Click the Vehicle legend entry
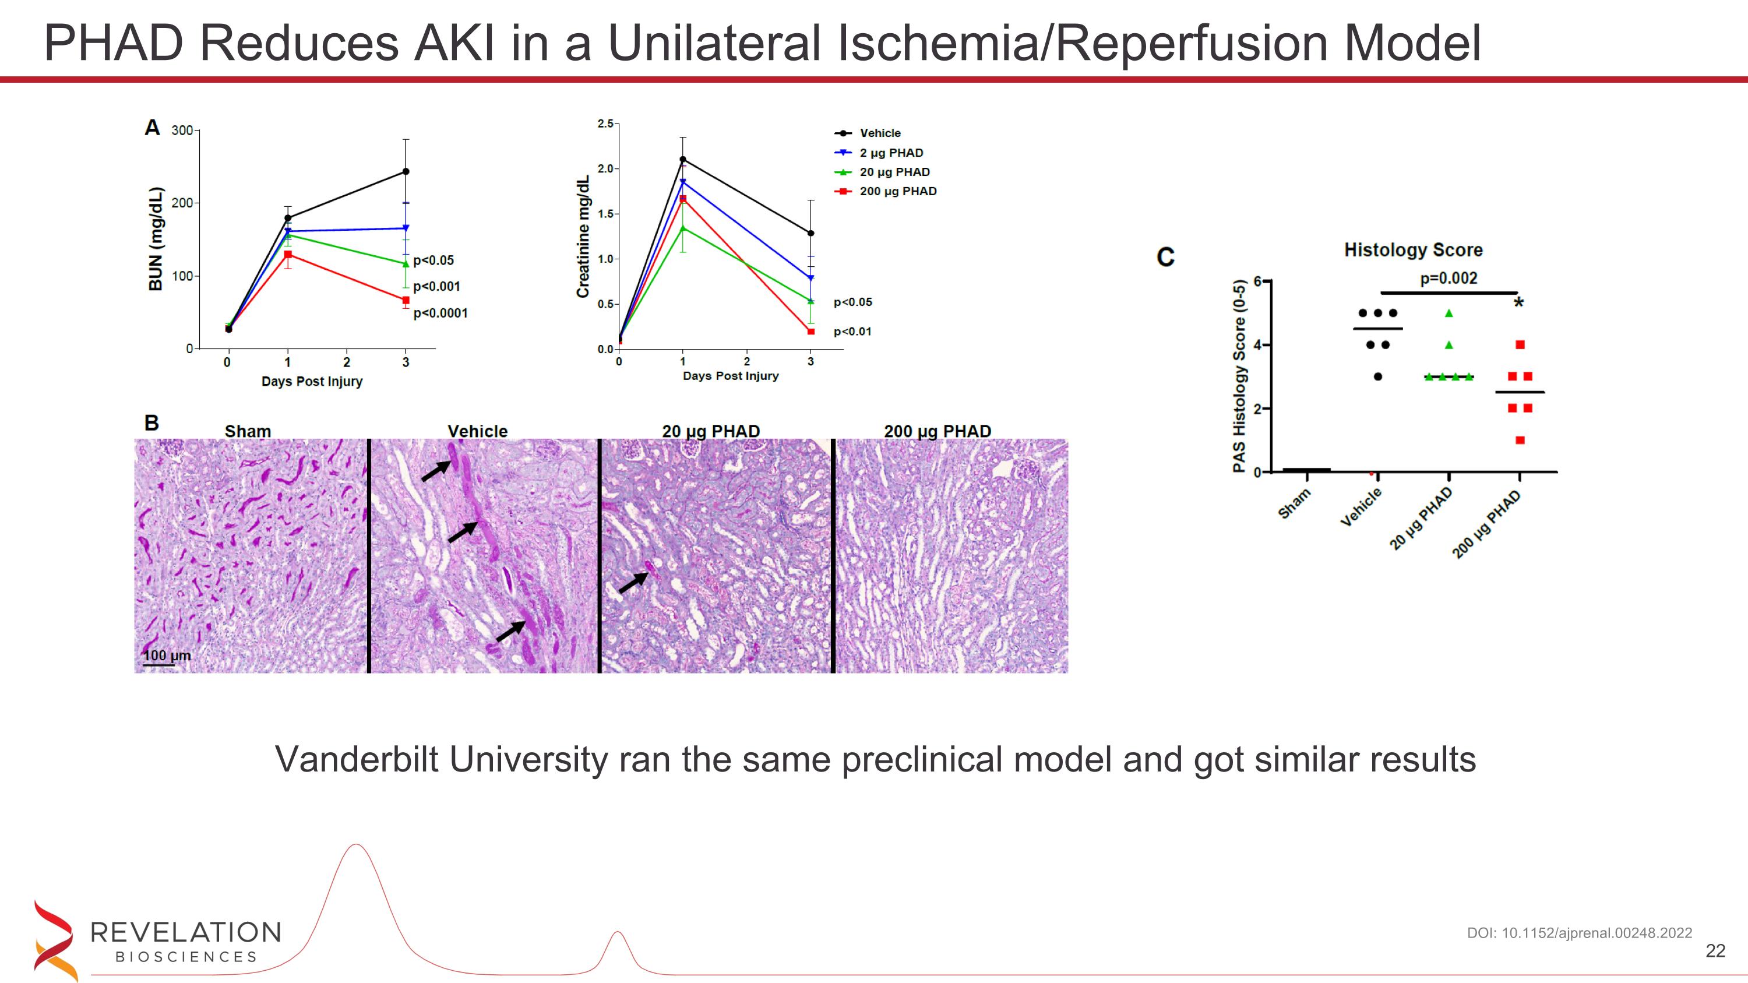tap(879, 133)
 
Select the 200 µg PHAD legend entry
tap(897, 191)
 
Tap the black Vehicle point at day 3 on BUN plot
tap(406, 172)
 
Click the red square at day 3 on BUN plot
tap(406, 300)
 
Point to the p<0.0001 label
tap(440, 313)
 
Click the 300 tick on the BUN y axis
tap(182, 131)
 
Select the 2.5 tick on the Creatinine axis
tap(605, 124)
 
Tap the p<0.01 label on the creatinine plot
tap(852, 332)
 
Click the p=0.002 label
tap(1448, 278)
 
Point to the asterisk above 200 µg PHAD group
tap(1518, 302)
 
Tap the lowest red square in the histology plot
tap(1520, 441)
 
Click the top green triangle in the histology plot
tap(1449, 313)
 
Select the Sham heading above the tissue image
tap(248, 431)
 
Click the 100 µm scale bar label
tap(167, 656)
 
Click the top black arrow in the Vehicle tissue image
tap(436, 470)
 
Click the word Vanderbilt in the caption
tap(358, 759)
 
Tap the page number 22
tap(1715, 951)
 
